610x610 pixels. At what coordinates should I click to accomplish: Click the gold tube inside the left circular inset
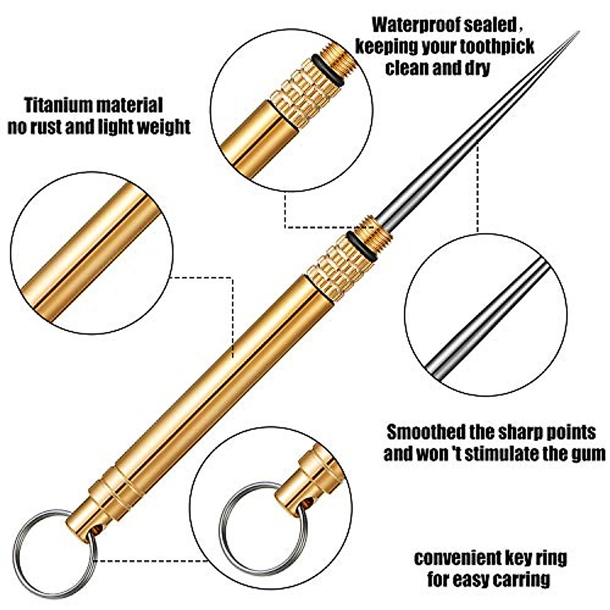[x=86, y=254]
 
